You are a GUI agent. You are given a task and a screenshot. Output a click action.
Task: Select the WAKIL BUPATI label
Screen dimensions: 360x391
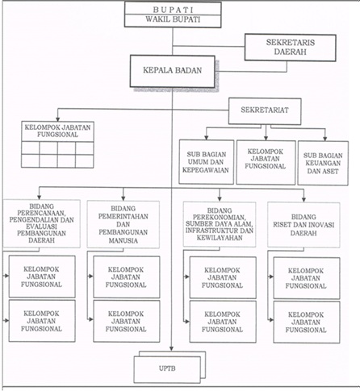173,19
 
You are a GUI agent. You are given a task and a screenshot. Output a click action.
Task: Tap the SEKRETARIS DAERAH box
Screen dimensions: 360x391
290,48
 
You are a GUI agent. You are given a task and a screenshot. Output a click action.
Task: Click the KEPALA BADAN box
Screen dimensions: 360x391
173,71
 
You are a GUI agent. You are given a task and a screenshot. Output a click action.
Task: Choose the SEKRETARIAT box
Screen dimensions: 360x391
265,111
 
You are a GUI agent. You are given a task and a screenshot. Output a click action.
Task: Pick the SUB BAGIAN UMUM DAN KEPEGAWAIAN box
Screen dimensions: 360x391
207,162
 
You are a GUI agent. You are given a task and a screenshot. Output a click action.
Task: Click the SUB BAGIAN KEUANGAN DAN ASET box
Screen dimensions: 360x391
323,163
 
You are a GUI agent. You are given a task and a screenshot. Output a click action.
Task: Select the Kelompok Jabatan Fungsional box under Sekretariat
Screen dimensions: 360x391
266,162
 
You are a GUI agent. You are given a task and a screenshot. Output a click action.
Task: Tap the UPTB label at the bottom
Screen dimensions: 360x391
167,368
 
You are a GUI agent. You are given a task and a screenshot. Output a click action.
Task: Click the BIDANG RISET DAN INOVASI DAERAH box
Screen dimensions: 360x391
303,225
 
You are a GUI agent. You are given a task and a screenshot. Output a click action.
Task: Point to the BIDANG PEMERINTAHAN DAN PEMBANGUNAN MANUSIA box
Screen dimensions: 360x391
123,224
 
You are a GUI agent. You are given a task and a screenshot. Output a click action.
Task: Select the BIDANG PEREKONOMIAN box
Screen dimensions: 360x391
220,224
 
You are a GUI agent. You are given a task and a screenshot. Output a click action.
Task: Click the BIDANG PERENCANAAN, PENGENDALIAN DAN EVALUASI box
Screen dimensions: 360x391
41,223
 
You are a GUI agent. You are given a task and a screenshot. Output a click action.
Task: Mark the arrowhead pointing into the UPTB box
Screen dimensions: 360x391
172,348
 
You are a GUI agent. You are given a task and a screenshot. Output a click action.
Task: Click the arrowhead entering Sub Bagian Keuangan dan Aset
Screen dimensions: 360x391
325,138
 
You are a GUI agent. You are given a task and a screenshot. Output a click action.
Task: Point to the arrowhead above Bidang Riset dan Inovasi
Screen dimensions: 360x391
303,199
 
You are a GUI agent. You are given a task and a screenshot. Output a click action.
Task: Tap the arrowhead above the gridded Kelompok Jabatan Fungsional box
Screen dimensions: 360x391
57,119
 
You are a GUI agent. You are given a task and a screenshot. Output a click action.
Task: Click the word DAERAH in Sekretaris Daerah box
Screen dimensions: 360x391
290,52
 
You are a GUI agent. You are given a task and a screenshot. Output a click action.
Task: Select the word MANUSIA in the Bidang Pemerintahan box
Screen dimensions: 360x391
123,240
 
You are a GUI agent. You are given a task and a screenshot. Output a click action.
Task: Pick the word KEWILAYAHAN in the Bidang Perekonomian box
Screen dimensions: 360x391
220,238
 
